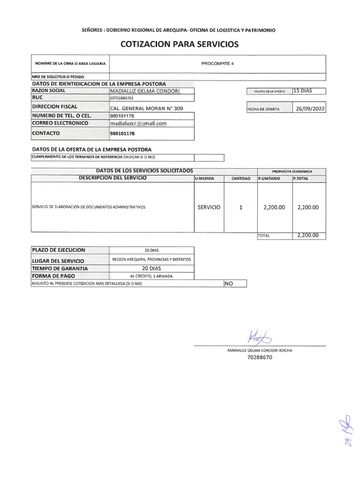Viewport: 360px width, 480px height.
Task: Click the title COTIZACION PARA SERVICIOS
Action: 180,45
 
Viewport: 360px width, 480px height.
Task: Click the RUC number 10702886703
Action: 122,98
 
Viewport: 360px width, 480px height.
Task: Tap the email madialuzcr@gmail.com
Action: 138,124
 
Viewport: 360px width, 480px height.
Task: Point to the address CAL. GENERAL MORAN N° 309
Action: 146,108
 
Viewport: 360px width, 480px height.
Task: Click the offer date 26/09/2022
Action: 310,109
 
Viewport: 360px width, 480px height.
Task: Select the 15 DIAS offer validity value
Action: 302,91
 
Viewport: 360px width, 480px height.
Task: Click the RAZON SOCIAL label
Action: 49,90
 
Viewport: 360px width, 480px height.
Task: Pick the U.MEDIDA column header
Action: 204,179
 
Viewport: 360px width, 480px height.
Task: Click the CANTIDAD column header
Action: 240,179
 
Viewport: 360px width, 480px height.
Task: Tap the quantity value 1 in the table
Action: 240,207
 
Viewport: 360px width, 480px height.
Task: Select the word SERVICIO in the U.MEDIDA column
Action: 209,207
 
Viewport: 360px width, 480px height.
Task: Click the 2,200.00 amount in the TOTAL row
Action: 308,236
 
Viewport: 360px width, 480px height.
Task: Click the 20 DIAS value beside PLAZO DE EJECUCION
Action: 151,250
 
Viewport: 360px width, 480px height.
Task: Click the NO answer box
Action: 234,284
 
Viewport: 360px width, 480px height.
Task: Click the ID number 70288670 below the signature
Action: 259,358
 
